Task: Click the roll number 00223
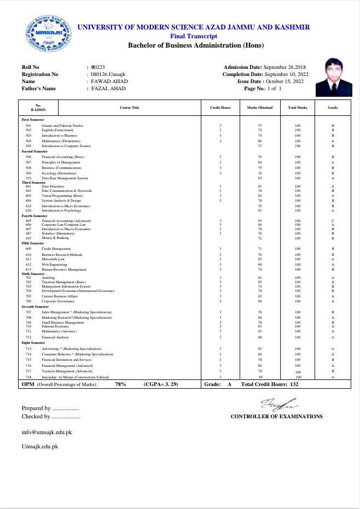(98, 67)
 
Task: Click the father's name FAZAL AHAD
(108, 88)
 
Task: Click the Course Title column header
(130, 108)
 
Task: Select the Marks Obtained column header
(260, 108)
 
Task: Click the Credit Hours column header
(220, 108)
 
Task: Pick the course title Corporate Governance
(58, 301)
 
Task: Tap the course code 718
(28, 377)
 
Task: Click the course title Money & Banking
(55, 238)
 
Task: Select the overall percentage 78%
(120, 385)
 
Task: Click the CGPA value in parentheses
(162, 385)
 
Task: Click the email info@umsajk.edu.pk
(47, 432)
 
